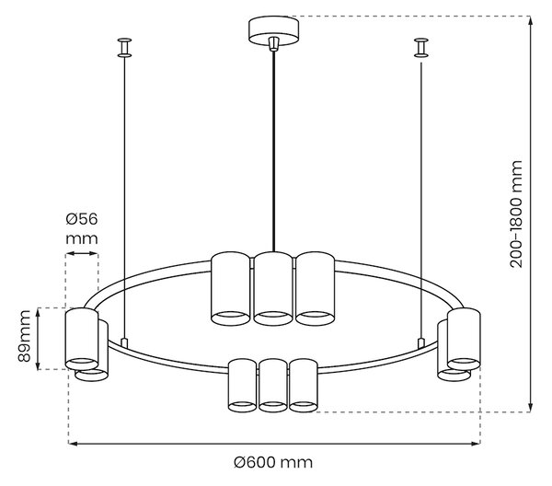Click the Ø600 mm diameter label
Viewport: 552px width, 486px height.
(273, 462)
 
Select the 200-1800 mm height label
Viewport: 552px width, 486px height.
(516, 214)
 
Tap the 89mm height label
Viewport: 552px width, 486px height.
(24, 336)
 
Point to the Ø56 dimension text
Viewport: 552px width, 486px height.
(82, 219)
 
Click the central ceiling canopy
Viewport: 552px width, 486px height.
(273, 31)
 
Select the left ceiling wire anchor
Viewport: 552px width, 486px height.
(124, 48)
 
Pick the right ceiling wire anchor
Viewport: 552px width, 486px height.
(421, 48)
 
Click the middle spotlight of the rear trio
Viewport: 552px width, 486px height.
(273, 289)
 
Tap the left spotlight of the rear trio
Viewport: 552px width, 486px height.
(230, 288)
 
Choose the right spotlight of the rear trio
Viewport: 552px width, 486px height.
(315, 288)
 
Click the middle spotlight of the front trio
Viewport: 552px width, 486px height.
(273, 386)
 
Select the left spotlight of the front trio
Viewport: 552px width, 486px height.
(242, 386)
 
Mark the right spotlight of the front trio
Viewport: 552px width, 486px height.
(304, 386)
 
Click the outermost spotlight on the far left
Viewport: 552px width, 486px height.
(82, 339)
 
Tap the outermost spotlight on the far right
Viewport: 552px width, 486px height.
(464, 339)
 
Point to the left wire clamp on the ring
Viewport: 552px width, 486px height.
(124, 342)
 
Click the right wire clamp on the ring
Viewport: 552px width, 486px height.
(421, 342)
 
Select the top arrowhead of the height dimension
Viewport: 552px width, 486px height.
(530, 20)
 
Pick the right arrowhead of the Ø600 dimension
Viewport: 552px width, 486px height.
(476, 444)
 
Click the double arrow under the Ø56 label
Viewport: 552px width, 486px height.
(82, 253)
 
